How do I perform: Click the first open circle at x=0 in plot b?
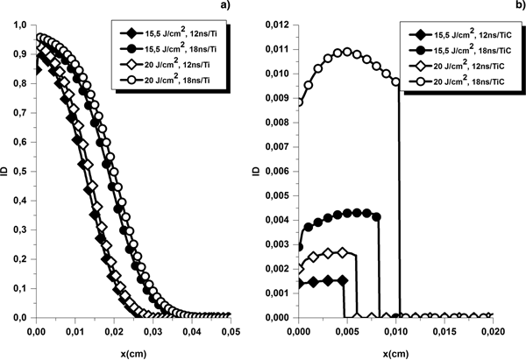(x=298, y=102)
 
